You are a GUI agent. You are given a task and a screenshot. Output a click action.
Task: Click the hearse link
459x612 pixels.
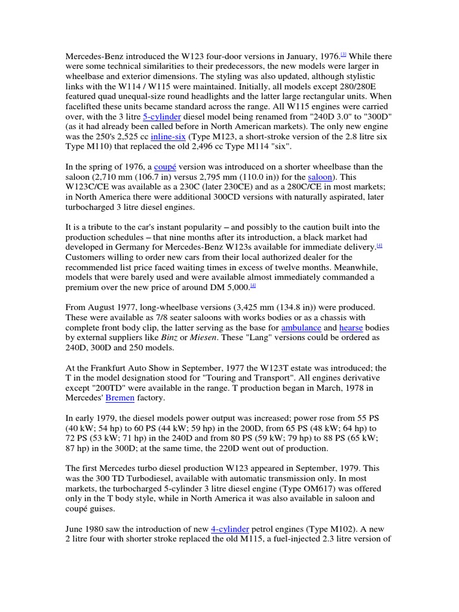point(350,328)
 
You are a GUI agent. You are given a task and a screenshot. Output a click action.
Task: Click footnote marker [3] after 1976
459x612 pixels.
point(343,54)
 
